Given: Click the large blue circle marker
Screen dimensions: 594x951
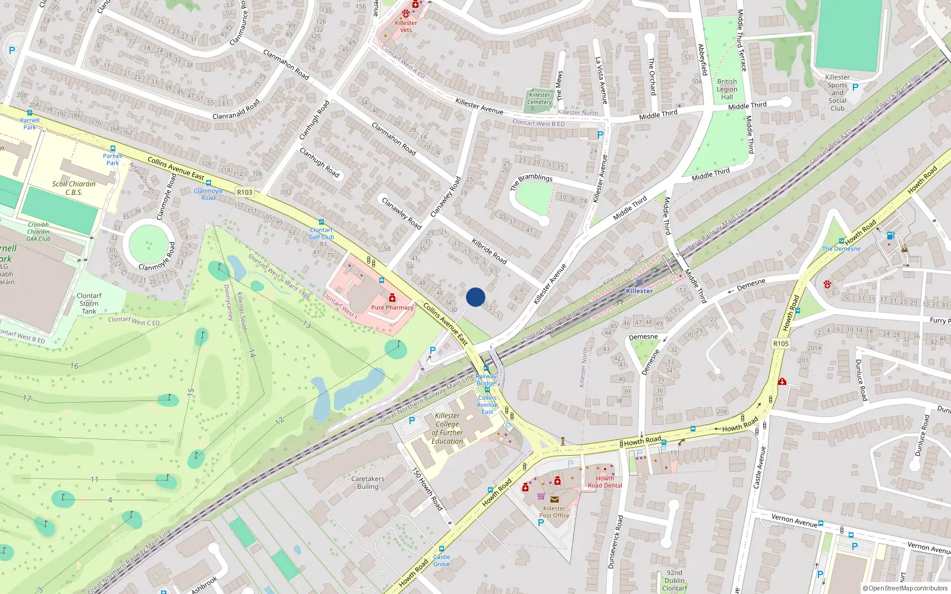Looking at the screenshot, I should [x=475, y=297].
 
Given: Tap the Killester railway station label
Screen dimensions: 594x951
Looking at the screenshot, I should [x=639, y=290].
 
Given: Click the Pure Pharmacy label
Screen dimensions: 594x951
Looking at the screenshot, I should [x=392, y=307].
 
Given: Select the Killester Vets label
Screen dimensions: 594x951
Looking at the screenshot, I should [x=406, y=26].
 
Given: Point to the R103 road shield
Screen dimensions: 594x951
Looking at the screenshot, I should [x=244, y=192].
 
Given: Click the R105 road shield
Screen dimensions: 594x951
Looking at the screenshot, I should [x=780, y=343].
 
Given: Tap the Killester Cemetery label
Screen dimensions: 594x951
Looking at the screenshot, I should [x=540, y=98].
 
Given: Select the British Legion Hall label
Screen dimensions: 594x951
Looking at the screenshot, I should [x=727, y=89].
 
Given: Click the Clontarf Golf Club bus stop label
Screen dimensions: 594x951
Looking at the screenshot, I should [x=321, y=233].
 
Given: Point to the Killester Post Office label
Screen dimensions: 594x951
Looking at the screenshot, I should [x=554, y=511].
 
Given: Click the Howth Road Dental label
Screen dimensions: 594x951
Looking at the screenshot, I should [x=605, y=482].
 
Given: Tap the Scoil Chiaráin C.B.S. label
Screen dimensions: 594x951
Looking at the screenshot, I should [x=74, y=188].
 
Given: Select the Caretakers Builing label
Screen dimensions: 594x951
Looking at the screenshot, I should [x=367, y=482].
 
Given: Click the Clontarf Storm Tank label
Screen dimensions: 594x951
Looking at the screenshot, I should [x=89, y=303].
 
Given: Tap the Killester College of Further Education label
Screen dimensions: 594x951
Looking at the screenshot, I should [x=448, y=428].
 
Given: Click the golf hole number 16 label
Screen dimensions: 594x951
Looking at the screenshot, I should [x=74, y=366].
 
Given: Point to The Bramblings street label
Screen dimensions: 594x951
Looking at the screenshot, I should [x=531, y=181].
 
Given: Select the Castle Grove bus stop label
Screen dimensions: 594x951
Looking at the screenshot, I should [x=442, y=560].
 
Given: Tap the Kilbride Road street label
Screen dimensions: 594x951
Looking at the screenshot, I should [x=489, y=251].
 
